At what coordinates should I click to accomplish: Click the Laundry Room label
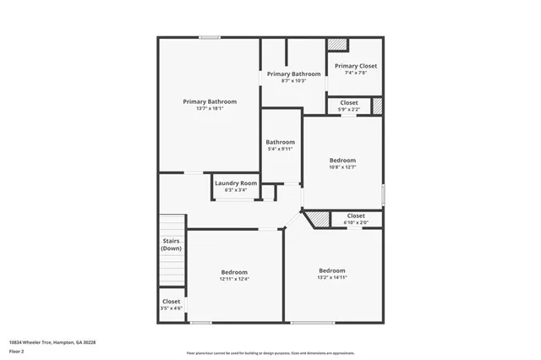coord(236,183)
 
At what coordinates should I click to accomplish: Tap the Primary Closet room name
coord(355,66)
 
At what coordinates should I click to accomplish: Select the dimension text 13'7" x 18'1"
coord(210,108)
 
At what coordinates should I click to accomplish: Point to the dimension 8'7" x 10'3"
coord(294,81)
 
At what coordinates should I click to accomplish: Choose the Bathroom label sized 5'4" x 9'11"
coord(280,142)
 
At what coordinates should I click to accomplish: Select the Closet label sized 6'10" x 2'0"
coord(356,216)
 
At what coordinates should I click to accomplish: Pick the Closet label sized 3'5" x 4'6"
coord(172,301)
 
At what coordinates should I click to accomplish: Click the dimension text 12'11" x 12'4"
coord(234,279)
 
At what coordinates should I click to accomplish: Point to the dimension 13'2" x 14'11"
coord(331,277)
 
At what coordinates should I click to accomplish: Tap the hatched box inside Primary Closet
coord(338,45)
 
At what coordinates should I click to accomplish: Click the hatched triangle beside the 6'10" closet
coord(319,220)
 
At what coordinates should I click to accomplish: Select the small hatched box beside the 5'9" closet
coord(378,106)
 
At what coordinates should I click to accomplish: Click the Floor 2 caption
coord(16,351)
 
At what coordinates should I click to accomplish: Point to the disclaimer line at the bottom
coord(270,353)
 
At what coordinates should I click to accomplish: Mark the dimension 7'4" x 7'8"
coord(355,74)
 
